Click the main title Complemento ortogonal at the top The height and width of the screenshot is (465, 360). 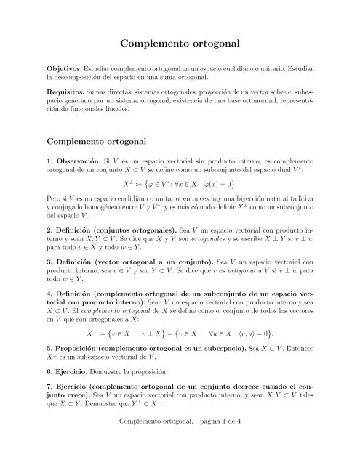click(x=180, y=44)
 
